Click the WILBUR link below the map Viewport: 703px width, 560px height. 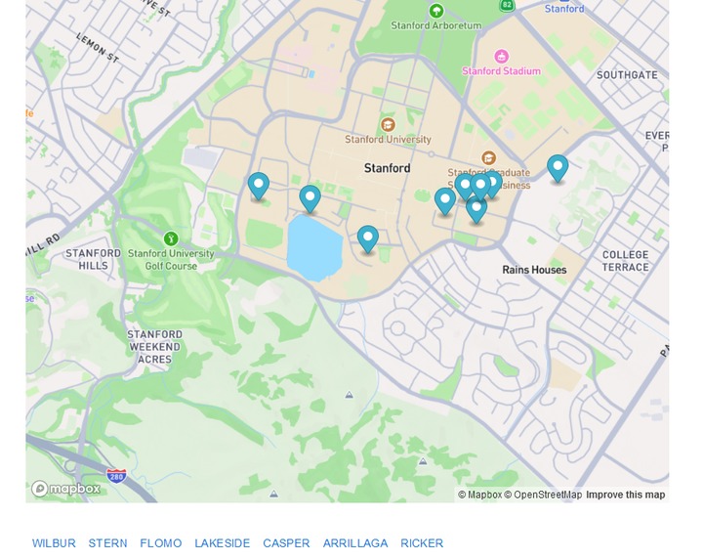point(54,543)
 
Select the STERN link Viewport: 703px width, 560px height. point(107,543)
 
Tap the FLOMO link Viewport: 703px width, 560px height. point(160,543)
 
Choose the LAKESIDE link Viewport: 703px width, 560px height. point(222,543)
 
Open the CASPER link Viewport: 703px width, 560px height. point(286,543)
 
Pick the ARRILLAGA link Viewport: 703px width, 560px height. point(355,543)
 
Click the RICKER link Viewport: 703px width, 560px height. point(422,543)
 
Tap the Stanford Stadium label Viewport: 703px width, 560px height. point(501,71)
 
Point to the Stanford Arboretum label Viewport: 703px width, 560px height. point(436,25)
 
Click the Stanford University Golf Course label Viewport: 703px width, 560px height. point(171,260)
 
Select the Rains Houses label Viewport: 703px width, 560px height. point(534,270)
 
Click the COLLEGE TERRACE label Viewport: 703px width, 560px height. point(625,261)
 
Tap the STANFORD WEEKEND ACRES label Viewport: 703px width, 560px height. point(155,347)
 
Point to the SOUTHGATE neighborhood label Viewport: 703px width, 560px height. point(627,75)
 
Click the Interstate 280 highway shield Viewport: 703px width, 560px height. point(116,476)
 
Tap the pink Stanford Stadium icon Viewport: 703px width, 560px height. point(502,56)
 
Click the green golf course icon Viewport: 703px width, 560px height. point(171,238)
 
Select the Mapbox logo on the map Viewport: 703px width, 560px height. point(65,489)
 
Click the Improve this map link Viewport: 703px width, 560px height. point(625,495)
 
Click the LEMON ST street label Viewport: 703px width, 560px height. point(97,48)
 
